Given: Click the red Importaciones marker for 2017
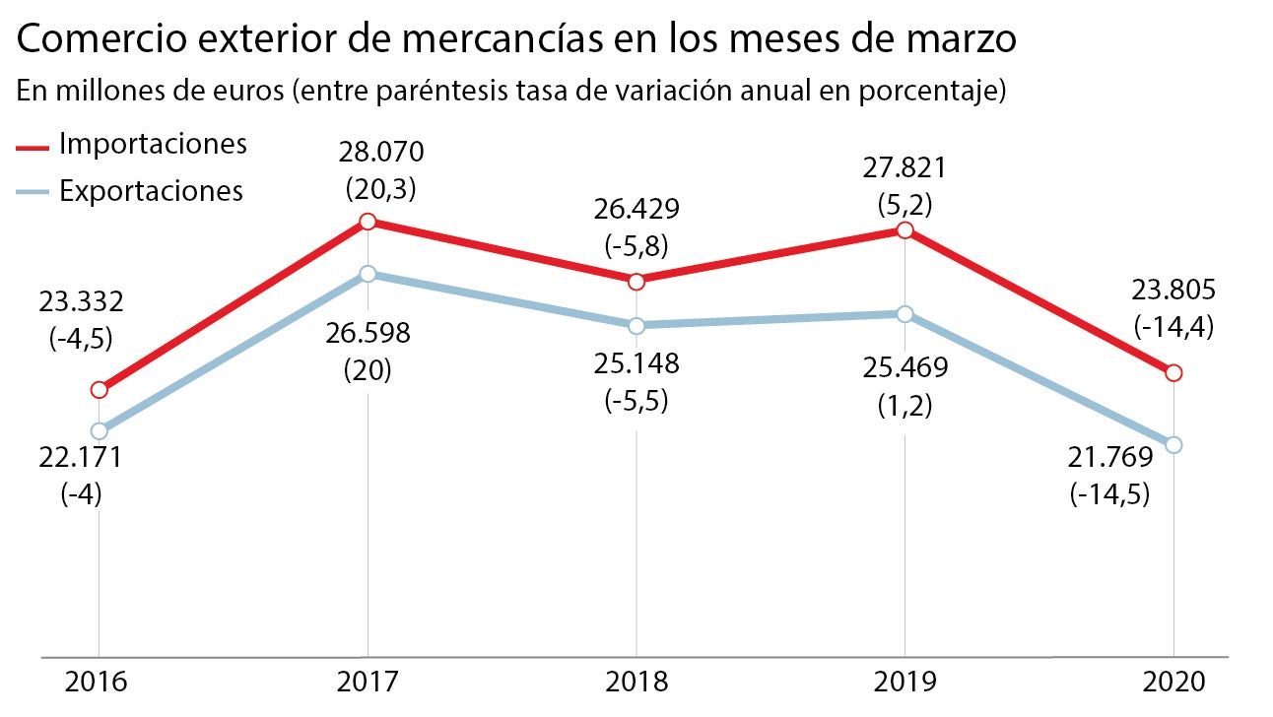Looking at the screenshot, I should (x=368, y=222).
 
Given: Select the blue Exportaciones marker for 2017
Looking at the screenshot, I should (x=368, y=274).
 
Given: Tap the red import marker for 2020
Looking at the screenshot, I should (x=1173, y=373).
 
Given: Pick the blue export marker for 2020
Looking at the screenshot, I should (x=1173, y=445).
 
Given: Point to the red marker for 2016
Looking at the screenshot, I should (x=99, y=390).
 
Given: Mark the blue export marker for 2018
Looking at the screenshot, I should (x=636, y=325).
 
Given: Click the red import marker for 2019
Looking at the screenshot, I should (x=904, y=230).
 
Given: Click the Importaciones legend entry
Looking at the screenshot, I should (x=152, y=144).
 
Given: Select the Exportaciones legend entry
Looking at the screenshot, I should (x=151, y=189).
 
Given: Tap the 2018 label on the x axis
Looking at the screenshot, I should (x=636, y=682).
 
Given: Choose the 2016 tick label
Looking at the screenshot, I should (x=99, y=682).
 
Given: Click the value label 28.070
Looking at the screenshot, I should (x=380, y=154).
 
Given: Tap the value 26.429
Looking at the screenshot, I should (x=636, y=209).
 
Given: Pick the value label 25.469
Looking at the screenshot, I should (x=904, y=369).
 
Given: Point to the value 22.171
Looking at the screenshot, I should (x=81, y=458).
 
